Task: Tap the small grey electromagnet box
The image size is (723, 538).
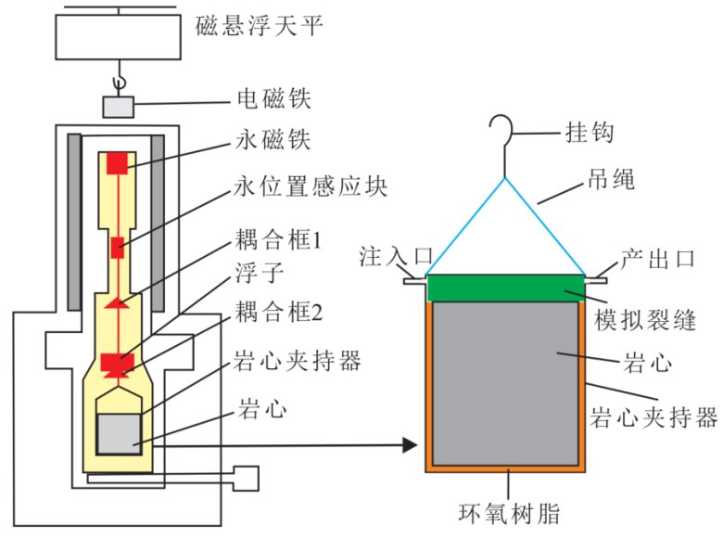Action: pos(118,106)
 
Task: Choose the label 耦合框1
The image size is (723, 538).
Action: pos(278,244)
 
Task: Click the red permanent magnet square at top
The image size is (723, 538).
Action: pos(117,163)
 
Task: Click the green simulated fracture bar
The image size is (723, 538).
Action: pos(506,288)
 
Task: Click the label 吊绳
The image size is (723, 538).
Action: pos(612,180)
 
